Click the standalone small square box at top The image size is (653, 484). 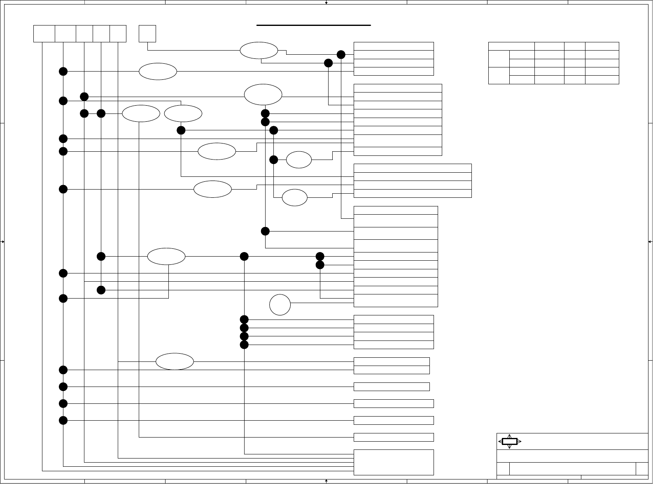pyautogui.click(x=147, y=34)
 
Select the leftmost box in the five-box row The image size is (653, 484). pyautogui.click(x=44, y=34)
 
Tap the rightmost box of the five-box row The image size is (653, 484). pyautogui.click(x=118, y=34)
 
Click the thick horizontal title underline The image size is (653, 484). pyautogui.click(x=314, y=25)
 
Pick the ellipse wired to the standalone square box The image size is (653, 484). pyautogui.click(x=259, y=51)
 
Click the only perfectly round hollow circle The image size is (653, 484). pyautogui.click(x=280, y=305)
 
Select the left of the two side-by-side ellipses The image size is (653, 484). pyautogui.click(x=141, y=113)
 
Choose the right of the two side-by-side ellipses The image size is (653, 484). pyautogui.click(x=183, y=113)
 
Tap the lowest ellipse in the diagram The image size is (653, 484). pyautogui.click(x=175, y=361)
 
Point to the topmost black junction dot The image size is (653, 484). pyautogui.click(x=341, y=55)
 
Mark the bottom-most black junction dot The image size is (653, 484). pyautogui.click(x=63, y=420)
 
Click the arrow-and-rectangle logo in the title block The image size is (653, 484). pyautogui.click(x=510, y=441)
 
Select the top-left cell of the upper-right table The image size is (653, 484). pyautogui.click(x=511, y=46)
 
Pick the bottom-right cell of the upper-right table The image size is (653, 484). pyautogui.click(x=602, y=80)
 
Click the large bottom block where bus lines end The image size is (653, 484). pyautogui.click(x=394, y=462)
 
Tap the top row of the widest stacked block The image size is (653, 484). pyautogui.click(x=413, y=168)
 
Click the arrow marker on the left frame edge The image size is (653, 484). pyautogui.click(x=2, y=242)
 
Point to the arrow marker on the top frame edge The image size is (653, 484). pyautogui.click(x=326, y=2)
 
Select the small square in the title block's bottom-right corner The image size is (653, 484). pyautogui.click(x=642, y=469)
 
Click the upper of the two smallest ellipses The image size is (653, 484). pyautogui.click(x=299, y=160)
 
